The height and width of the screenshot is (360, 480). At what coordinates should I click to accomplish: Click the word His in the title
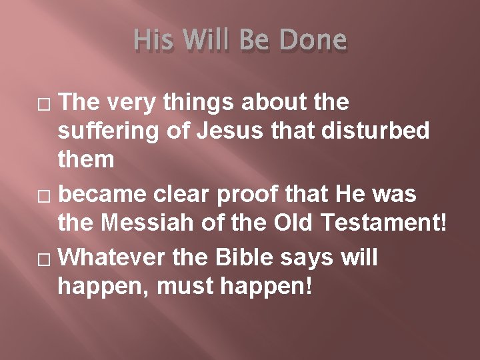point(153,41)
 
